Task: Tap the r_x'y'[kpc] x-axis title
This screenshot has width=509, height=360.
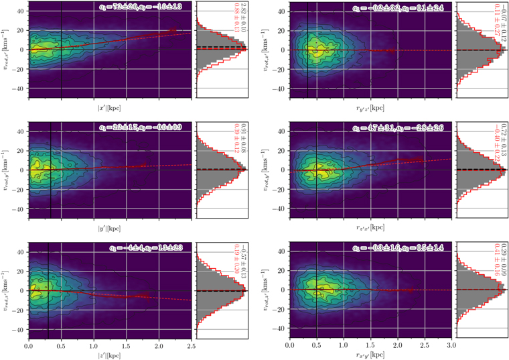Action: tap(370, 354)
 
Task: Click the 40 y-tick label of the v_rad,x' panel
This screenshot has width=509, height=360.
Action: tap(20, 11)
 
